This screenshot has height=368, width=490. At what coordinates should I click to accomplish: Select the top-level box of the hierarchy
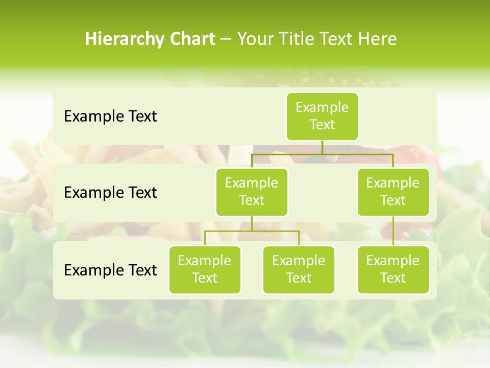[322, 117]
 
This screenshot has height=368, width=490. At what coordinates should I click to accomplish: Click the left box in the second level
[252, 192]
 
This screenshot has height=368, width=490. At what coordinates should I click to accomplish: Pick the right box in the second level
[393, 192]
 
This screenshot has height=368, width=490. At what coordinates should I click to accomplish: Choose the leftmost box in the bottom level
[205, 270]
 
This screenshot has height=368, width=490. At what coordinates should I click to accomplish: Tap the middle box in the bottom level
[299, 270]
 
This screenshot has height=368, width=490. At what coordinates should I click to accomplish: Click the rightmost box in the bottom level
[393, 270]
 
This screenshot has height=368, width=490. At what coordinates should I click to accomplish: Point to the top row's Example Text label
[110, 117]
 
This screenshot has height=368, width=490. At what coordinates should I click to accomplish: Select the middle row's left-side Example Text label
[110, 193]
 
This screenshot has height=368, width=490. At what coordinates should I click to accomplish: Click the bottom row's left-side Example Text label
[110, 270]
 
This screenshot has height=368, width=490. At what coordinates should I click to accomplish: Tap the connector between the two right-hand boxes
[393, 231]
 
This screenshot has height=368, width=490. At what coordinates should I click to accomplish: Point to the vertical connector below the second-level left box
[252, 223]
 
